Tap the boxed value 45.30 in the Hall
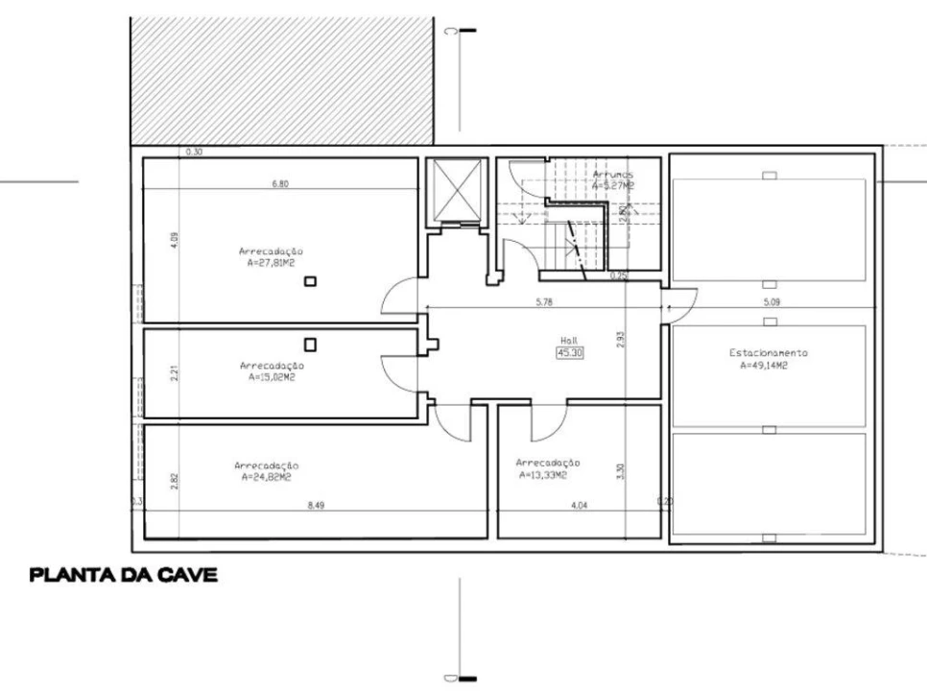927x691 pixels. click(x=570, y=352)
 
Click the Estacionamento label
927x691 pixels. click(x=768, y=352)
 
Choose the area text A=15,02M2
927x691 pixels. click(x=272, y=377)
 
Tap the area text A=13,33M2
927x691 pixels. click(x=543, y=474)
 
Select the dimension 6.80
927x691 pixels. click(x=279, y=183)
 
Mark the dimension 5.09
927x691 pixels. click(x=772, y=302)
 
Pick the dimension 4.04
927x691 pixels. click(x=580, y=505)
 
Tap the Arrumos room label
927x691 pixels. click(x=612, y=175)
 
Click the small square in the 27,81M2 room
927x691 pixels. click(x=310, y=281)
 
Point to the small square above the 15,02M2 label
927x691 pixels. click(x=310, y=344)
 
